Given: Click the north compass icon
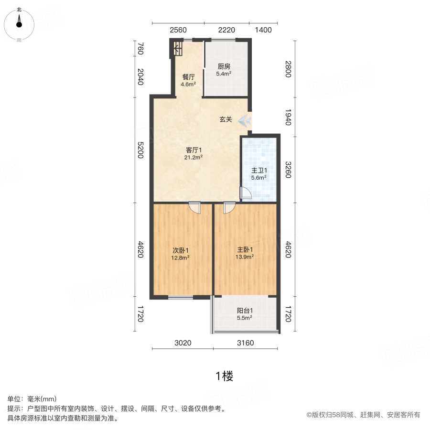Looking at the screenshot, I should (x=19, y=23).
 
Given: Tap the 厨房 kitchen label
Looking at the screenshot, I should (x=224, y=67).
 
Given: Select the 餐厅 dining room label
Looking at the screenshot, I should (x=188, y=77).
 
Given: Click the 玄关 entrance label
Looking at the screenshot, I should (x=226, y=119).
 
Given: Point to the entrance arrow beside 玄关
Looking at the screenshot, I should (x=245, y=120).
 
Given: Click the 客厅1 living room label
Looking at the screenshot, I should (x=194, y=150).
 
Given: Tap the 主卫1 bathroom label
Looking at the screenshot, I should (x=259, y=171).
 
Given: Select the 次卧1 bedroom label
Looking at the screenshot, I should (x=181, y=250).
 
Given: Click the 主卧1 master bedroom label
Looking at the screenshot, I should (x=245, y=249).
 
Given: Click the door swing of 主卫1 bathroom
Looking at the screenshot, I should (x=245, y=193).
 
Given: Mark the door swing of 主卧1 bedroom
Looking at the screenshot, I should (x=229, y=207).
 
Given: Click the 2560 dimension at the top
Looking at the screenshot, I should (x=178, y=30).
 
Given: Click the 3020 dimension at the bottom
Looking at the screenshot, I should (x=183, y=343).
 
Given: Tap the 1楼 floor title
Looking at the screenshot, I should (x=224, y=376).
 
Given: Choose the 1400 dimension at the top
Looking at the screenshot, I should (x=263, y=30).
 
